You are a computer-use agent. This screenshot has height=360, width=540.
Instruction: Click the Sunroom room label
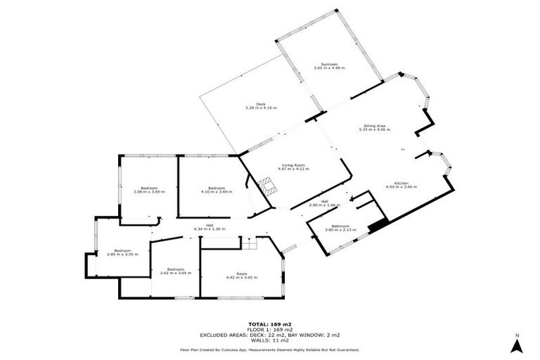pos(329,65)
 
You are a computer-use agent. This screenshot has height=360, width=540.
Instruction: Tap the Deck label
pos(261,103)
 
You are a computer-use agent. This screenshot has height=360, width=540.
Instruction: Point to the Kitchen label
pos(401,183)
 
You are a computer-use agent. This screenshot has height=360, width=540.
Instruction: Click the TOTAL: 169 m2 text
pos(270,324)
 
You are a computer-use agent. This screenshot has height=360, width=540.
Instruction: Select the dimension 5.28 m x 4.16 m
pos(261,108)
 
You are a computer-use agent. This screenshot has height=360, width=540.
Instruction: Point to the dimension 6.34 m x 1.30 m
pos(210,229)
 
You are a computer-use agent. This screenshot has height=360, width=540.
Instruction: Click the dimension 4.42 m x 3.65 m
pos(241,278)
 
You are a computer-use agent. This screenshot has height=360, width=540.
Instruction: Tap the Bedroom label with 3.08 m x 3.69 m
pos(148,188)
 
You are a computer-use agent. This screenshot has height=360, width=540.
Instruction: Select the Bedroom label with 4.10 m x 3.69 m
pos(217,188)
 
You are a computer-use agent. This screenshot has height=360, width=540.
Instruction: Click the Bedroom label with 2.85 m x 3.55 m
pos(123,250)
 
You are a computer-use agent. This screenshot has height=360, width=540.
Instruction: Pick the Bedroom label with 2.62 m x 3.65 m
pos(172,269)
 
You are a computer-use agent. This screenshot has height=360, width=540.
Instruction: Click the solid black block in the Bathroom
pos(378,225)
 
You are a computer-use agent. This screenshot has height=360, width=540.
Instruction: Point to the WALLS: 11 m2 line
pos(270,340)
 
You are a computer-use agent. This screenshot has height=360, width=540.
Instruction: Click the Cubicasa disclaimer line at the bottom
pos(270,349)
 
